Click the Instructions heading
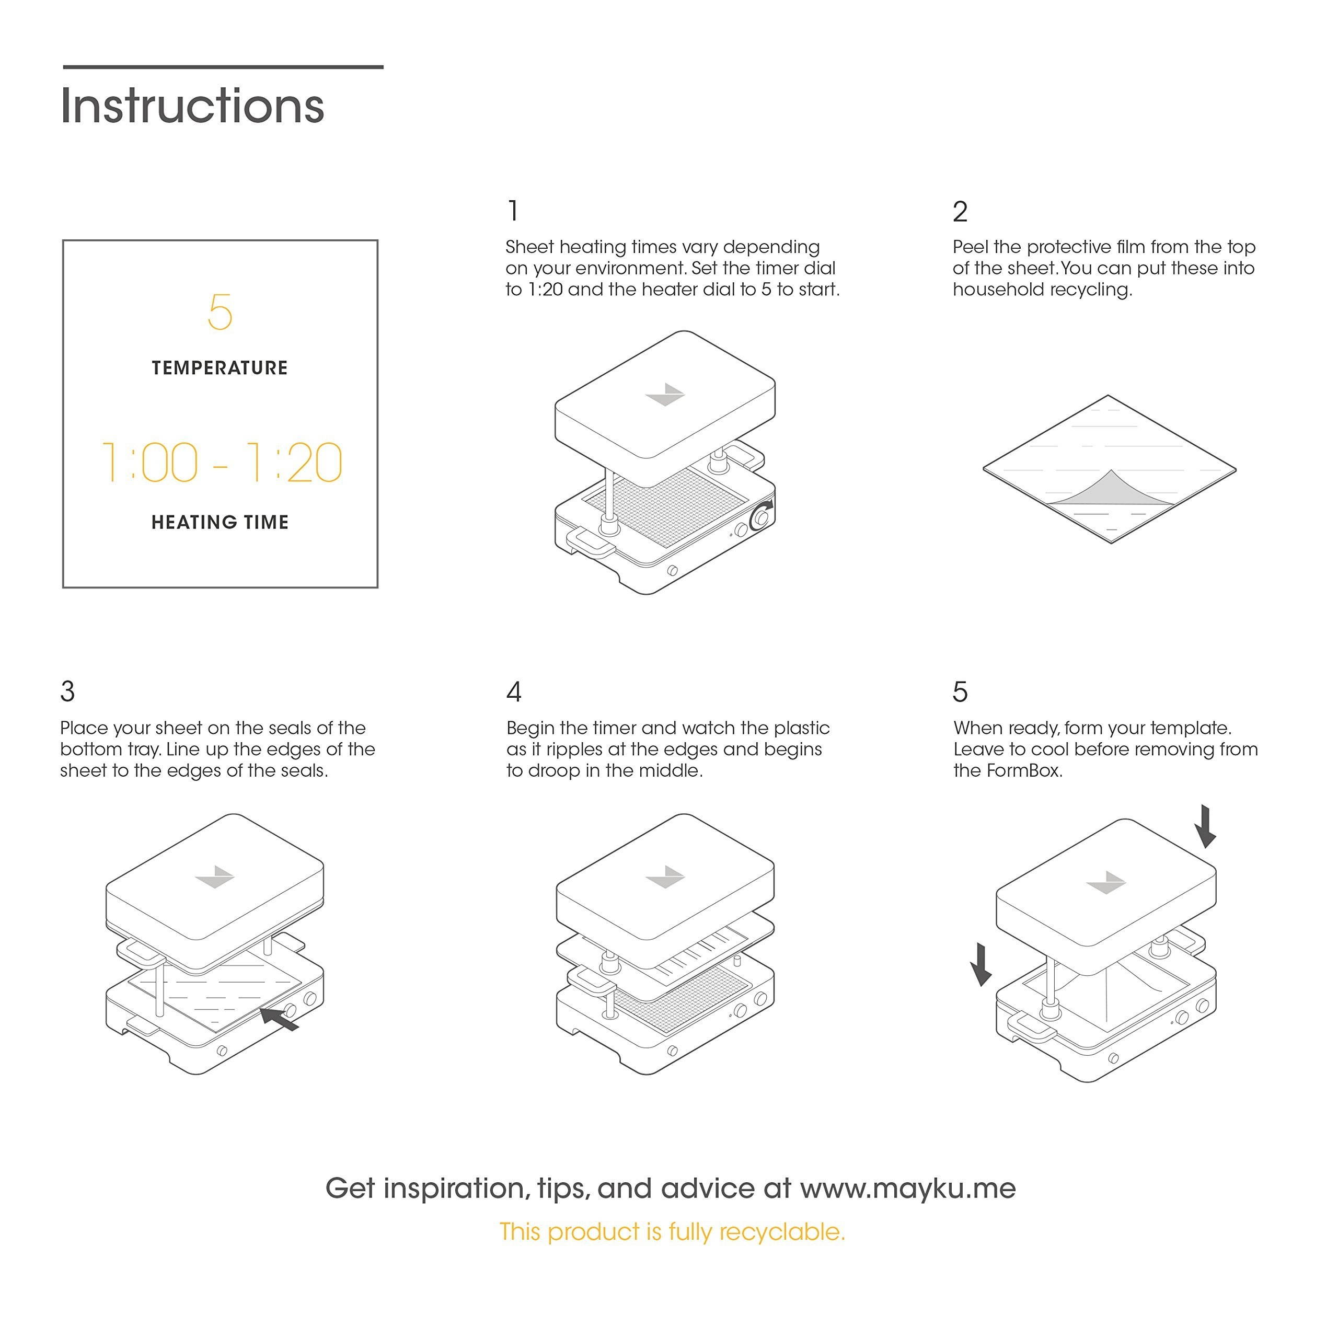point(192,106)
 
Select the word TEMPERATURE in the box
point(220,368)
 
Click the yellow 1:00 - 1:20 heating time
point(222,462)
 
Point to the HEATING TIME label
point(220,522)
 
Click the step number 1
point(513,211)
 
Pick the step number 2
point(960,211)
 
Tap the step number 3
point(67,691)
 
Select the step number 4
point(514,691)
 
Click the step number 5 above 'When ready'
point(960,691)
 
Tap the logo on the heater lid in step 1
point(665,394)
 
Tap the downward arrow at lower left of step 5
point(981,964)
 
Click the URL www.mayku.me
point(908,1189)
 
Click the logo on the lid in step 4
point(665,878)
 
